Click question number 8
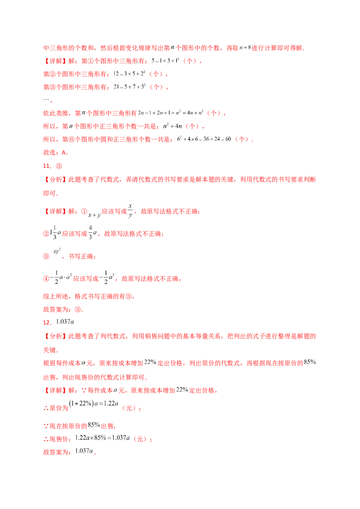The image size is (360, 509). [x=46, y=165]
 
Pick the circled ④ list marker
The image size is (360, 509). [x=45, y=279]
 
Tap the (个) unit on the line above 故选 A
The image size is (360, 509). [x=243, y=140]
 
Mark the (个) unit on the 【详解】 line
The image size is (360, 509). [x=189, y=61]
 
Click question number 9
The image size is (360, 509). [x=46, y=322]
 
